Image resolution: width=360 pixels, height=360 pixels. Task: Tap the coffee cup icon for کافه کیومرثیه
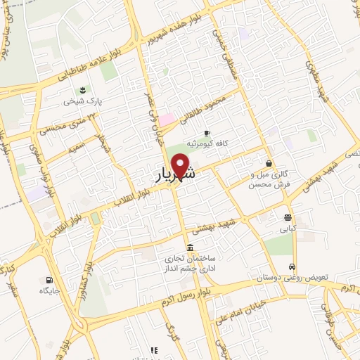[x=207, y=132]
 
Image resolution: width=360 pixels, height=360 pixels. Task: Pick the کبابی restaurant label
[x=288, y=229]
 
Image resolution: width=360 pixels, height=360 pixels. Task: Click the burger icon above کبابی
[x=288, y=217]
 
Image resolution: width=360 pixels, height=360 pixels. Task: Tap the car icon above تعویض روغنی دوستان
[x=292, y=267]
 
